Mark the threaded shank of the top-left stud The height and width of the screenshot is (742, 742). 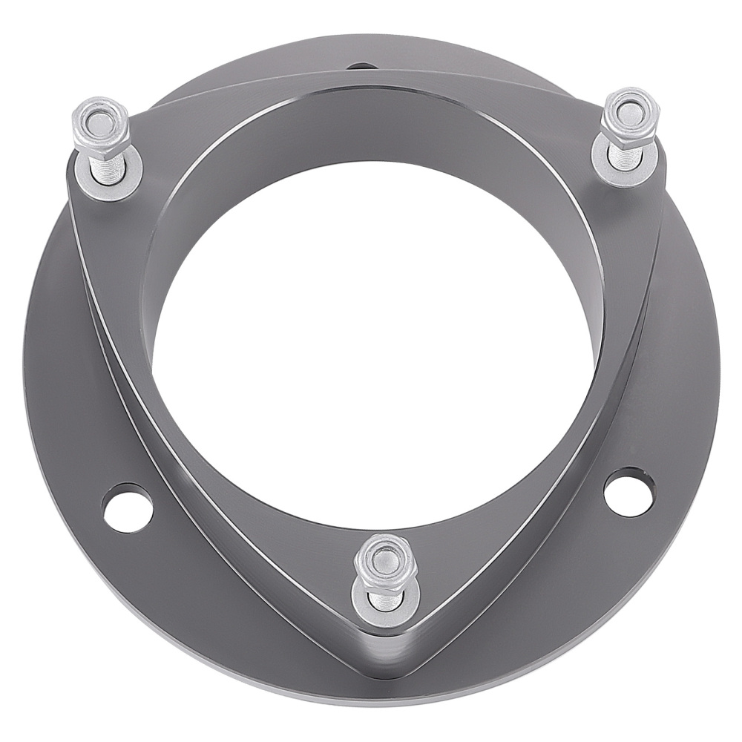108,168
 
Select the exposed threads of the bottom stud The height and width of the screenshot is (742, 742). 383,597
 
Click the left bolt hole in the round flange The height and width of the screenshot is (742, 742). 128,508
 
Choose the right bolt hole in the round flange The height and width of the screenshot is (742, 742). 629,491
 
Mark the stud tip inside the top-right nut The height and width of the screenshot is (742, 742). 629,111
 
